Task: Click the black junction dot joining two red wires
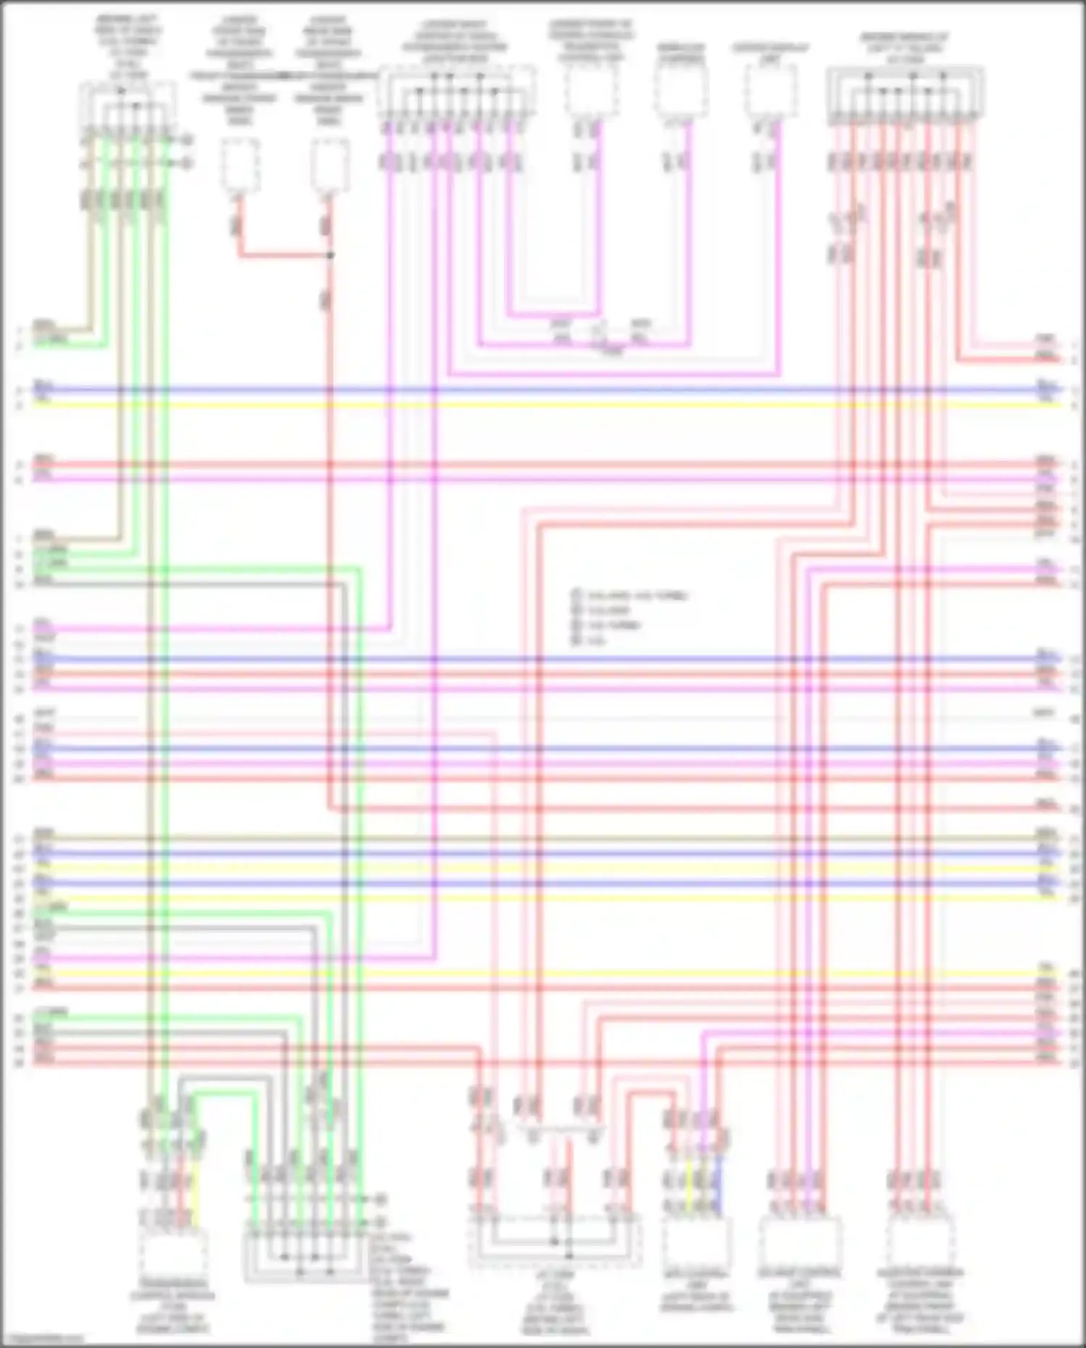330,255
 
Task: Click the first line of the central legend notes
630,596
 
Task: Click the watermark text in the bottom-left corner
43,1340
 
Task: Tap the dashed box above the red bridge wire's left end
240,167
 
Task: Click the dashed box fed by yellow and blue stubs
696,1242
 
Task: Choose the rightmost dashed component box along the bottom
920,1242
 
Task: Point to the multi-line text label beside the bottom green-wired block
409,1289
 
